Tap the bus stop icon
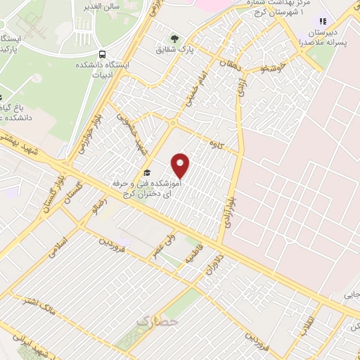tap(103, 55)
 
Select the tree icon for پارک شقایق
tap(174, 38)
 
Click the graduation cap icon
tap(147, 172)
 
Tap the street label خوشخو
tap(269, 69)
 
